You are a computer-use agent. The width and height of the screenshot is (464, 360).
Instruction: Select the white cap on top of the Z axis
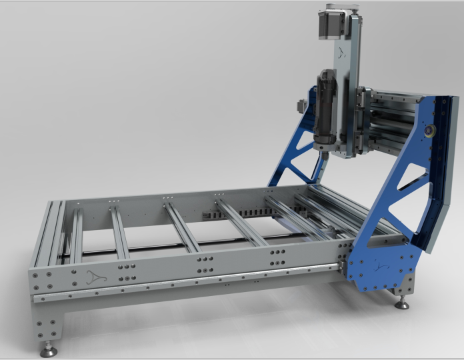338,9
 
